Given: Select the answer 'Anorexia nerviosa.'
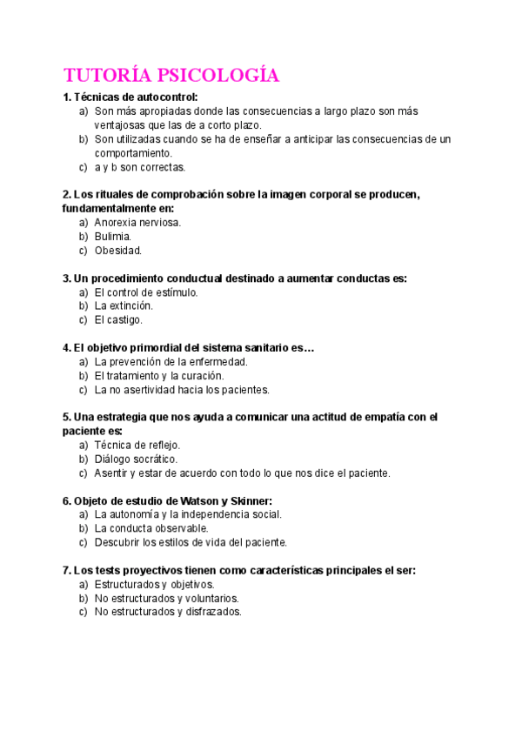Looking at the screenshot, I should pos(137,222).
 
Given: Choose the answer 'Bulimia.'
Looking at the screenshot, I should pos(113,236).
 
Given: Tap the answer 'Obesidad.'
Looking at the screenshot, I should pos(117,250).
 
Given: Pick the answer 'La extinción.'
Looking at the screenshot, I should pos(124,305).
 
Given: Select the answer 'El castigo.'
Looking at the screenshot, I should pos(118,319).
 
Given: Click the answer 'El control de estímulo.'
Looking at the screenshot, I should pos(146,292).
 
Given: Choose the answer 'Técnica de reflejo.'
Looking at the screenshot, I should pos(137,445).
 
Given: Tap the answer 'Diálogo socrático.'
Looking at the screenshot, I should pos(136,459).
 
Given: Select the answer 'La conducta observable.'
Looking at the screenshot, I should pos(151,528).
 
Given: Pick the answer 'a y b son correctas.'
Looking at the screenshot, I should pos(140,166).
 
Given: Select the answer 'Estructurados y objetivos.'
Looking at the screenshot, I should pos(154,584).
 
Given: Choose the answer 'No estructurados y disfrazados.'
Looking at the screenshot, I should pos(167,612).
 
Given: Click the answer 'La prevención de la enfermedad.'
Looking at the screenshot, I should pos(171,361).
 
